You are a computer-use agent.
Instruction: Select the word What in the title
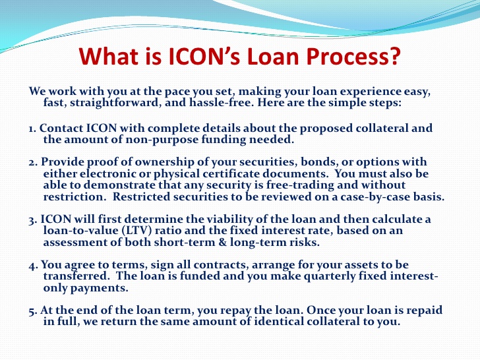(109, 56)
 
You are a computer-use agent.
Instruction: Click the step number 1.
(32, 128)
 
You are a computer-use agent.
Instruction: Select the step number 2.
(32, 163)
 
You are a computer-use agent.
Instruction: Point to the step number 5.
(32, 311)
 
